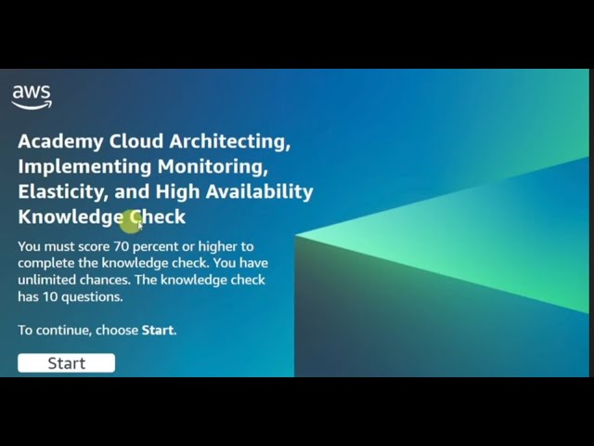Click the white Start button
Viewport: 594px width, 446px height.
tap(66, 363)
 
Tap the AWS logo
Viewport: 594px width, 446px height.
tap(31, 97)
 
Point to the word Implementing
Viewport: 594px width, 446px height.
tap(84, 166)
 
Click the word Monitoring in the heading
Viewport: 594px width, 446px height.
tap(213, 166)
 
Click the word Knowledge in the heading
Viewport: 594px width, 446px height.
tap(70, 216)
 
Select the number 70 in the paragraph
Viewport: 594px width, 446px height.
tap(122, 246)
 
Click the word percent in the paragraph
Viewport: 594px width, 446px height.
tap(159, 246)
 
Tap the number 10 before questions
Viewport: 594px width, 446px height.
tap(51, 296)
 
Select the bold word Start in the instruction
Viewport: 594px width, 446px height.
tap(157, 330)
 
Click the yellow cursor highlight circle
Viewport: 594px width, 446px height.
tap(130, 220)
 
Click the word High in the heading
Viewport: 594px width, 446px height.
tap(177, 191)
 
